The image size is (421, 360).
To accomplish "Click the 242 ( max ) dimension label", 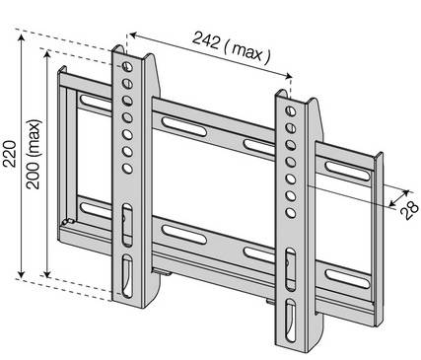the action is click(232, 48).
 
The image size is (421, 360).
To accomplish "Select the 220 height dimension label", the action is click(10, 154).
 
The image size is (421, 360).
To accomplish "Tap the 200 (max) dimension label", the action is click(34, 154).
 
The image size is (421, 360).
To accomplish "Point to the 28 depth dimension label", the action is click(409, 210).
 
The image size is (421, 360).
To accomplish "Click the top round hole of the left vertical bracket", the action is click(127, 66).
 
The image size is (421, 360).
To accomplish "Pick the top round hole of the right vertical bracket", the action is click(291, 110).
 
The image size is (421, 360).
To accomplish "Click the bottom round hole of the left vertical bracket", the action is click(127, 169).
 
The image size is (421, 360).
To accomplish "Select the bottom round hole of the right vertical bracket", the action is click(291, 213).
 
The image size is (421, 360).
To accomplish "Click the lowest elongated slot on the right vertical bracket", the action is click(291, 321).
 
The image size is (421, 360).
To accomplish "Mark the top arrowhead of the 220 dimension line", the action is click(22, 37).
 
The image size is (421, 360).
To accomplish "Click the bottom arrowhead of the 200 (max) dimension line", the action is click(47, 273).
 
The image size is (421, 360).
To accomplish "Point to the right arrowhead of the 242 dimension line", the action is click(288, 76).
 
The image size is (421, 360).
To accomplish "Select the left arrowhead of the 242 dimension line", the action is click(133, 35).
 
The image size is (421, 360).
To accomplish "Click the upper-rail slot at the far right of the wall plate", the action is click(347, 171).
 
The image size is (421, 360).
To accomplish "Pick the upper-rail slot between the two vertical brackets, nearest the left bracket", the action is click(184, 126).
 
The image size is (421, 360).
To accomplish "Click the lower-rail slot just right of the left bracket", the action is click(184, 235).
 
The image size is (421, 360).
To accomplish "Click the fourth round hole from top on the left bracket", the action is click(127, 117).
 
